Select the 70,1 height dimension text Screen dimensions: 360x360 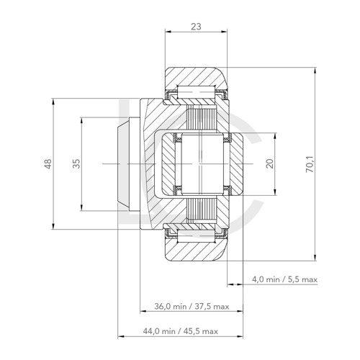point(309,164)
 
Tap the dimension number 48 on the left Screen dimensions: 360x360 point(48,164)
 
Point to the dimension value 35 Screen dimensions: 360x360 point(76,164)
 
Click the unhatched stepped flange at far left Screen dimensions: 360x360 point(124,164)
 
